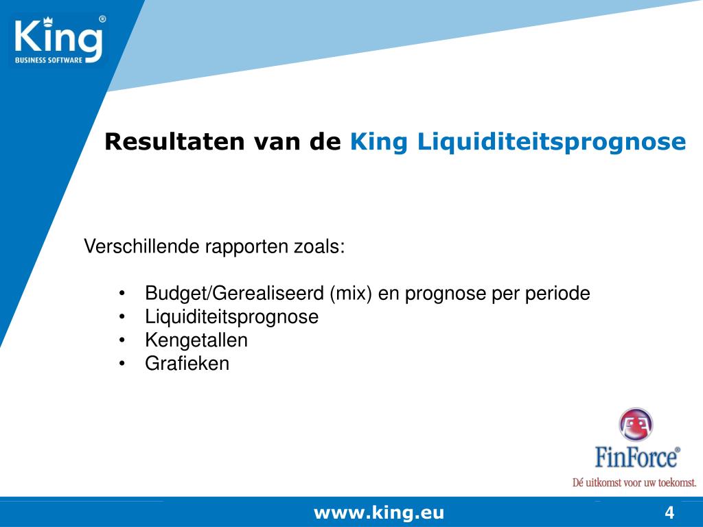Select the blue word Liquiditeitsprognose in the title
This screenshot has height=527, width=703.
[552, 143]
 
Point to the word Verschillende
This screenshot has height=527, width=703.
[142, 246]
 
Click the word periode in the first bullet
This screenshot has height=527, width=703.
[557, 294]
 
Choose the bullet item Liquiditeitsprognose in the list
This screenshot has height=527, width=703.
[231, 317]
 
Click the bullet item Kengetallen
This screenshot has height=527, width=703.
[196, 340]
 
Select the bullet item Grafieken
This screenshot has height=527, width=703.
[187, 364]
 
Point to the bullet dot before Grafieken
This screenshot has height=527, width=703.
[122, 364]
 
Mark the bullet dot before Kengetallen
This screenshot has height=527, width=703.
[122, 340]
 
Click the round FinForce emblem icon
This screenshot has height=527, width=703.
[636, 425]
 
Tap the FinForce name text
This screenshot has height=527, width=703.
[636, 456]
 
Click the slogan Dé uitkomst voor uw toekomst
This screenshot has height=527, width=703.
[634, 482]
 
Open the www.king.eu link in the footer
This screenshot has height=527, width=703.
[379, 513]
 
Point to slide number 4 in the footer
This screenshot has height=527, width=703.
[669, 513]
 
